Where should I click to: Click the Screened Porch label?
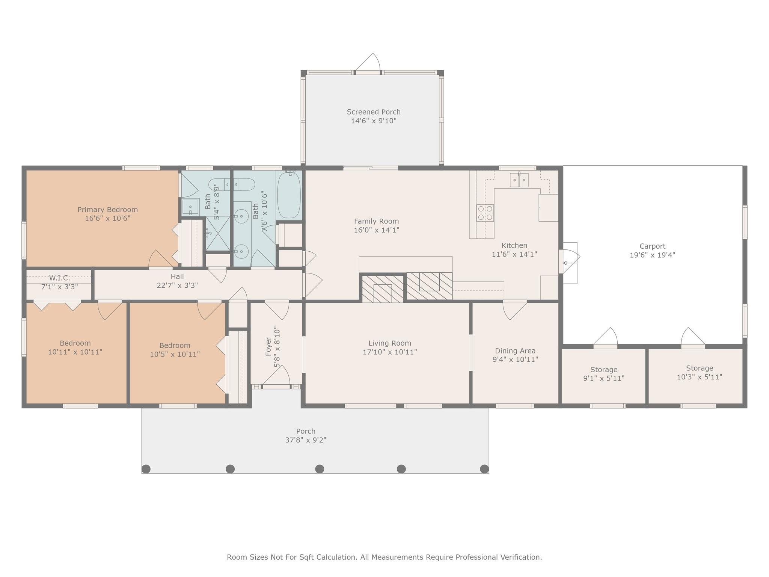374,112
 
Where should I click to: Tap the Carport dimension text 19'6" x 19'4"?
652,255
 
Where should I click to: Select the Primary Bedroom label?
108,210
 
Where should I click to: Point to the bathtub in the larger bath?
289,194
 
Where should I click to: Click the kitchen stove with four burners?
485,213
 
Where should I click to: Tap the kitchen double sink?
519,180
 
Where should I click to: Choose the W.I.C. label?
60,278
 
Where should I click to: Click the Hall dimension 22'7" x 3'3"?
177,285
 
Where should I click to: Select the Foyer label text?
268,346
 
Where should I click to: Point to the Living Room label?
390,343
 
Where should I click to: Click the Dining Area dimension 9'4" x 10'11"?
515,359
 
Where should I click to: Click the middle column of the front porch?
320,469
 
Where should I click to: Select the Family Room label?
376,221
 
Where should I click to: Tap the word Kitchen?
514,246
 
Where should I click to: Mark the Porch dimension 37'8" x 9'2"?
306,440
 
